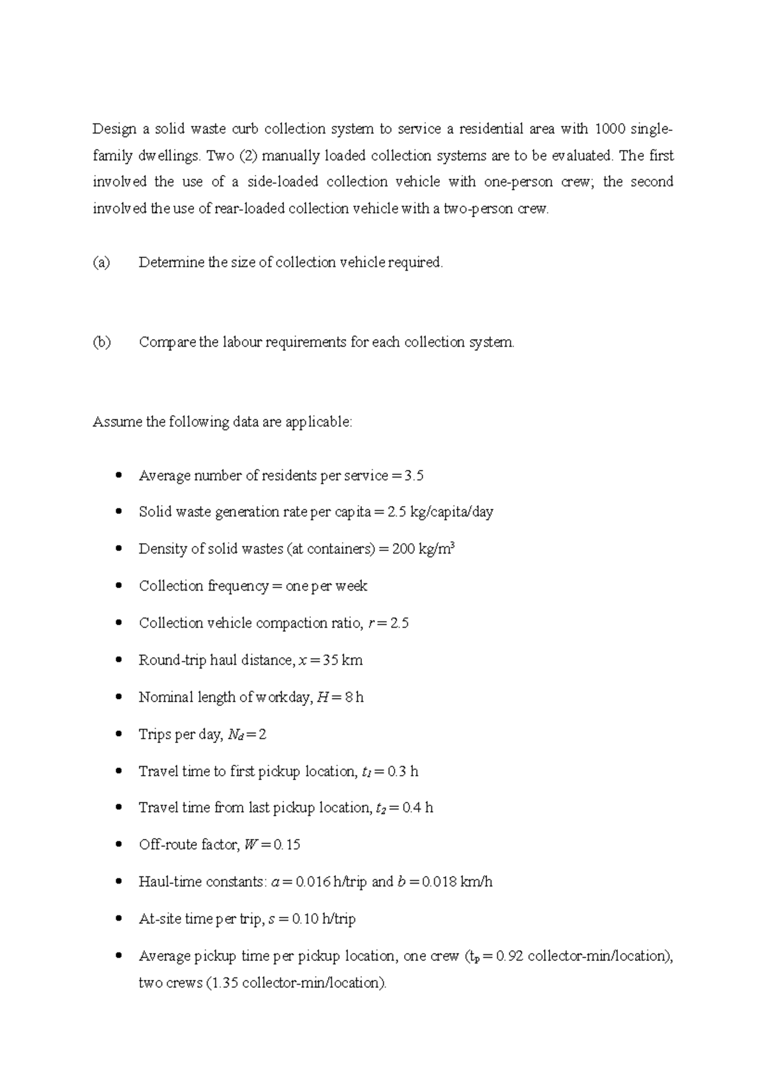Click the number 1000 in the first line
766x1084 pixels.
coord(610,129)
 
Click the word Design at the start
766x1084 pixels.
coord(115,130)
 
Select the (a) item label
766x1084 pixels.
coord(101,262)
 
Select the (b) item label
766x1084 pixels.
coord(101,342)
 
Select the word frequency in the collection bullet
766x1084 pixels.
coord(238,586)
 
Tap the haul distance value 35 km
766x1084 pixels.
coord(343,660)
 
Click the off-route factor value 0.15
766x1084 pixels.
coord(287,845)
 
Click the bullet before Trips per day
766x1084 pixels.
coord(118,734)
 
